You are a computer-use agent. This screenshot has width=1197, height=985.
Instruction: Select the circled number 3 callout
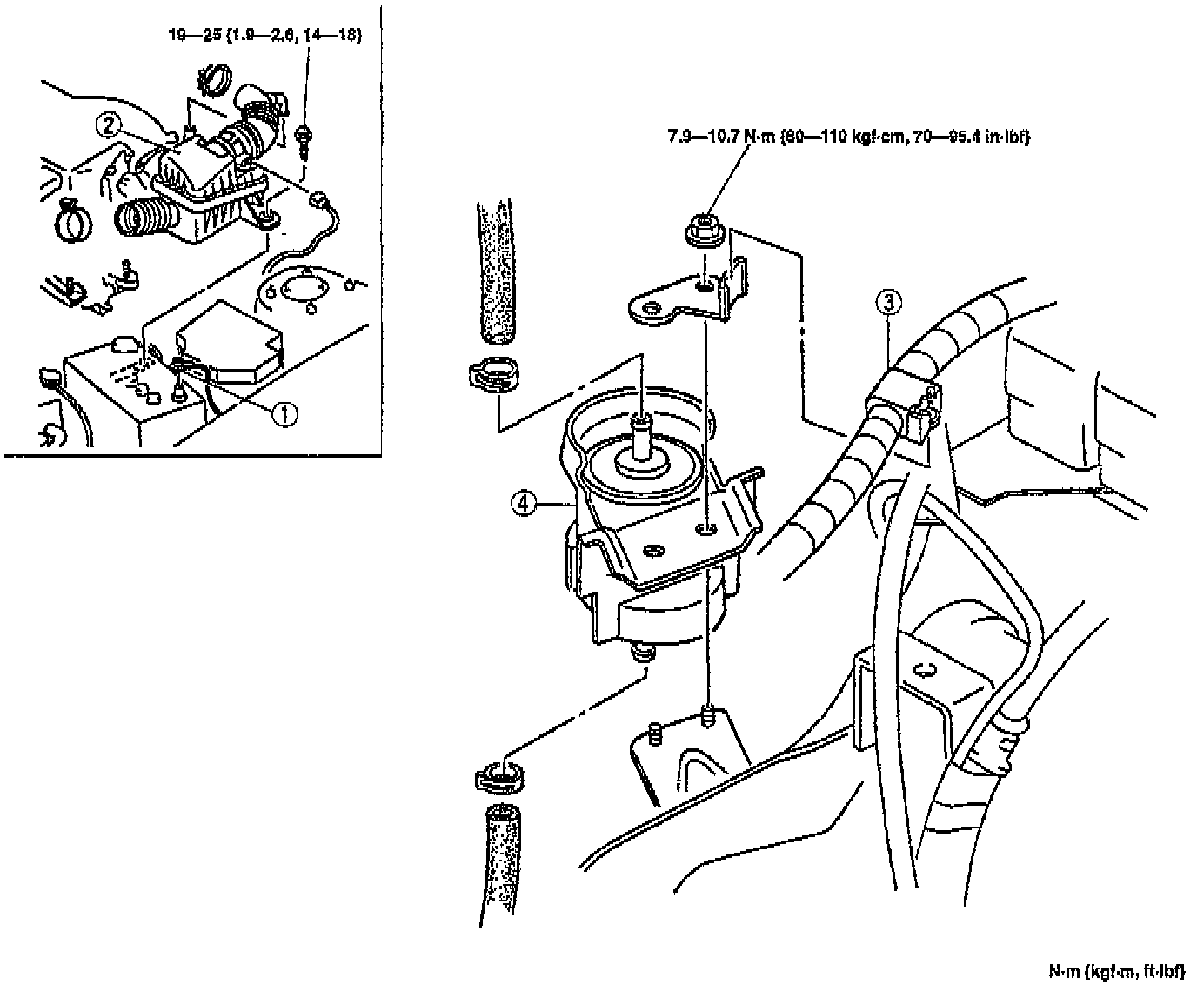(x=887, y=303)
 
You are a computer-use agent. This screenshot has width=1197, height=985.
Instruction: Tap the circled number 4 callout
(x=522, y=505)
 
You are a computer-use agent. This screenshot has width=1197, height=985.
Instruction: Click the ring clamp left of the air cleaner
(x=74, y=222)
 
